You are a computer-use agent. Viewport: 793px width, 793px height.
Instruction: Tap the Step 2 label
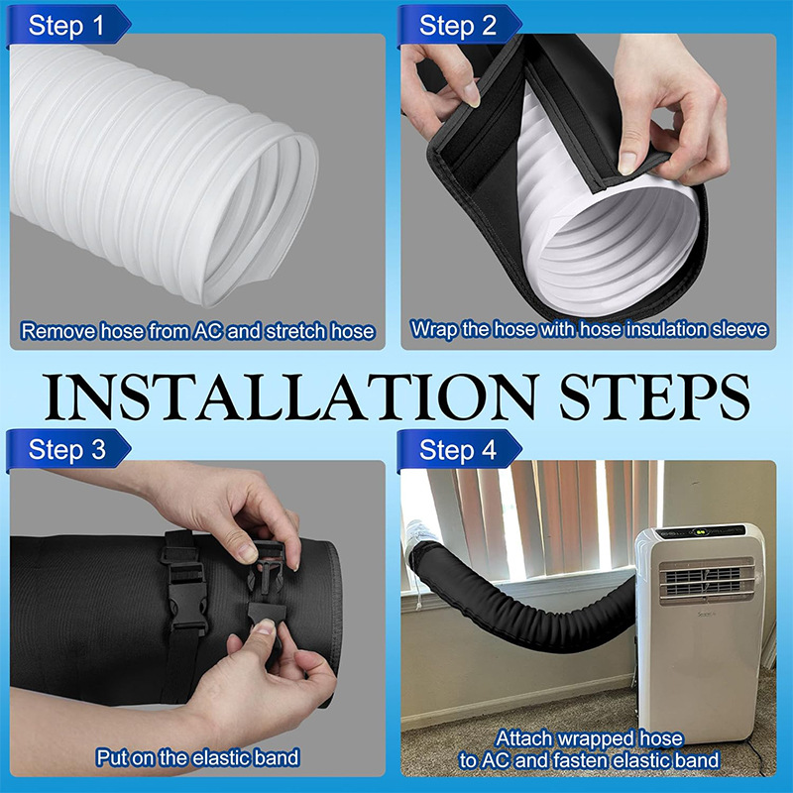[457, 25]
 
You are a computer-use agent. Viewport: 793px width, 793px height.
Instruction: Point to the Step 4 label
[457, 449]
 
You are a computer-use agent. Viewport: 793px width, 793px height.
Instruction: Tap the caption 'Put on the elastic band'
[197, 758]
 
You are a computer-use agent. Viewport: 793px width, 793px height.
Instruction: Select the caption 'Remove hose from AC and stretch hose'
[197, 331]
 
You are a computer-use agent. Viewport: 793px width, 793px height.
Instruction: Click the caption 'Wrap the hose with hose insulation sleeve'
[590, 328]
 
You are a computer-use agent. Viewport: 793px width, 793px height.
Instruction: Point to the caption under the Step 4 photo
[590, 749]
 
